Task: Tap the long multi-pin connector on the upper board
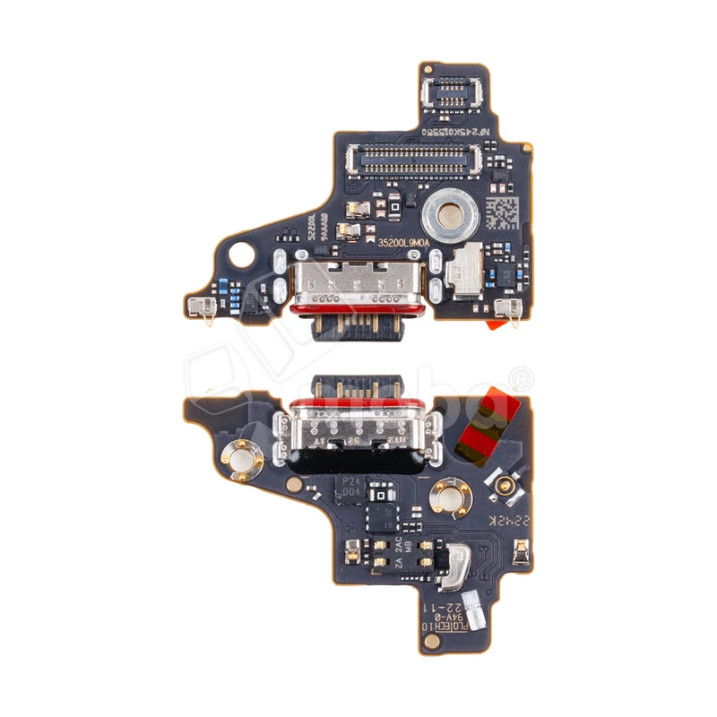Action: (x=413, y=160)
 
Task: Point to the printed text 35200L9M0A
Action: (x=402, y=242)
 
